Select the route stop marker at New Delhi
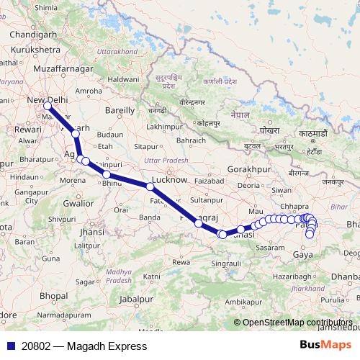click(48, 107)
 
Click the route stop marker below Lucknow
click(150, 186)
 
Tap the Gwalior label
click(78, 203)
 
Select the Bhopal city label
click(53, 295)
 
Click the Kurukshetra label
click(34, 50)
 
